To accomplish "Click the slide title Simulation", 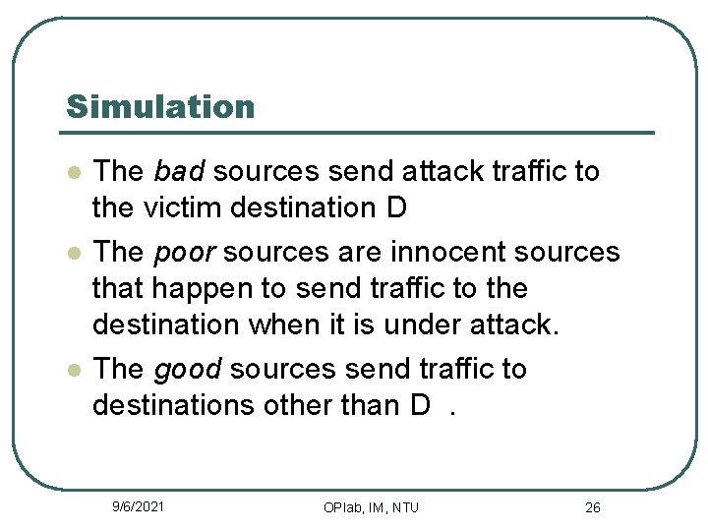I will click(159, 106).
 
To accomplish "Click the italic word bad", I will click(178, 172).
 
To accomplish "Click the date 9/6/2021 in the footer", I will click(138, 506).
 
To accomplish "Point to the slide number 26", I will click(592, 507).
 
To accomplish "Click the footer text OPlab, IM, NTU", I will click(371, 507).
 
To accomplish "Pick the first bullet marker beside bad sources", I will click(72, 173).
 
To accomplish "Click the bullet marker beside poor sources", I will click(72, 254).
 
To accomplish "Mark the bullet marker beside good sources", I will click(72, 371).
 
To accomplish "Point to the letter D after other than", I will click(420, 406).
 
